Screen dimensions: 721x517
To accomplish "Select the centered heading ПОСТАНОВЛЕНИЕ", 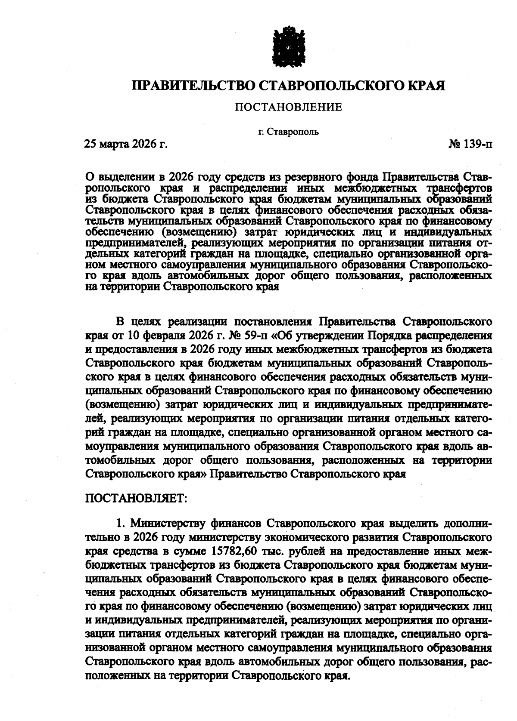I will pyautogui.click(x=288, y=107).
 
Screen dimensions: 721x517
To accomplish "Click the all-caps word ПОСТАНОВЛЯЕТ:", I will pyautogui.click(x=136, y=499).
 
